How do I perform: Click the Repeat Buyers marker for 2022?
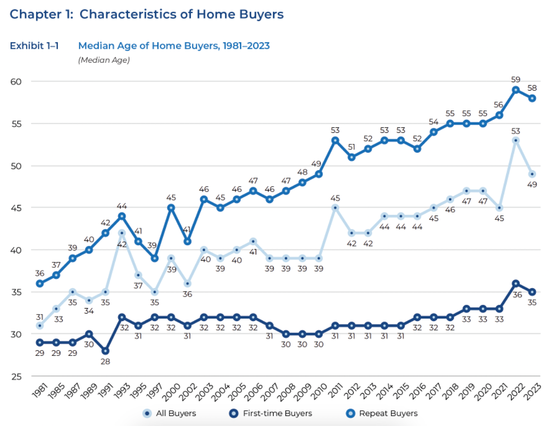click(516, 90)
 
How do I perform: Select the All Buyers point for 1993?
click(122, 232)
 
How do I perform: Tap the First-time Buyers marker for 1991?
click(105, 351)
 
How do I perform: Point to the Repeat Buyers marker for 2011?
click(335, 140)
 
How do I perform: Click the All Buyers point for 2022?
click(516, 140)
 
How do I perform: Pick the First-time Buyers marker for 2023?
click(533, 292)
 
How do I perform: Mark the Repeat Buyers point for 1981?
click(40, 284)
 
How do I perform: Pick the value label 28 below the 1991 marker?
click(105, 362)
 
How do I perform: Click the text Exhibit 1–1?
click(34, 46)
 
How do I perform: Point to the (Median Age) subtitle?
click(104, 60)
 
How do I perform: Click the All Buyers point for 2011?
click(335, 208)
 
